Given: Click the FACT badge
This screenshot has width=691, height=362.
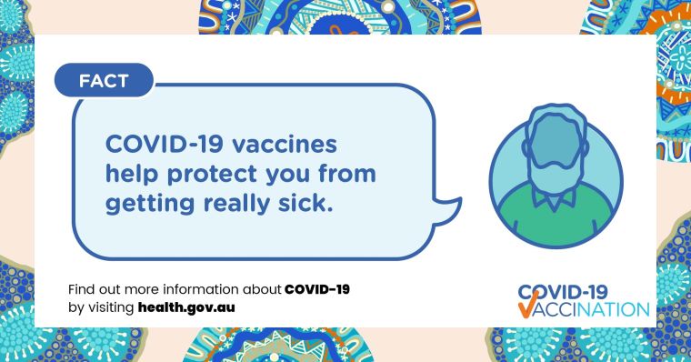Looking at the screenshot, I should (104, 81).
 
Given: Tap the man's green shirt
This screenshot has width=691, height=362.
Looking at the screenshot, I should (556, 209).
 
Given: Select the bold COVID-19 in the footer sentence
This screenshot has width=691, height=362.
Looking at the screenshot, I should (317, 289).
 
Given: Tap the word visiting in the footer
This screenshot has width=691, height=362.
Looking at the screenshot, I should (110, 307).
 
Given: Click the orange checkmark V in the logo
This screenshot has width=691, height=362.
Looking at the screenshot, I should (528, 310).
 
